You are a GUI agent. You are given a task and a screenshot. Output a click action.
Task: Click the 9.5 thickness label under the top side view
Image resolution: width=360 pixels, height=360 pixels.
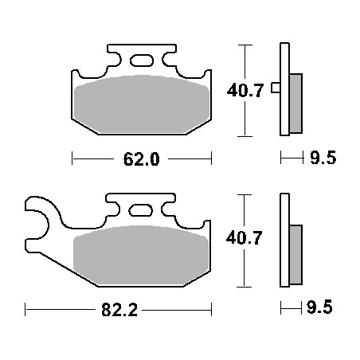(322, 158)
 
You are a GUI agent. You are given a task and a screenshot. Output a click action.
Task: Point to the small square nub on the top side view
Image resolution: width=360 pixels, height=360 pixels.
(275, 88)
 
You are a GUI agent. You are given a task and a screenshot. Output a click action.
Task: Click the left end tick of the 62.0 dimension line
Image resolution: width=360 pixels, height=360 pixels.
(72, 158)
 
